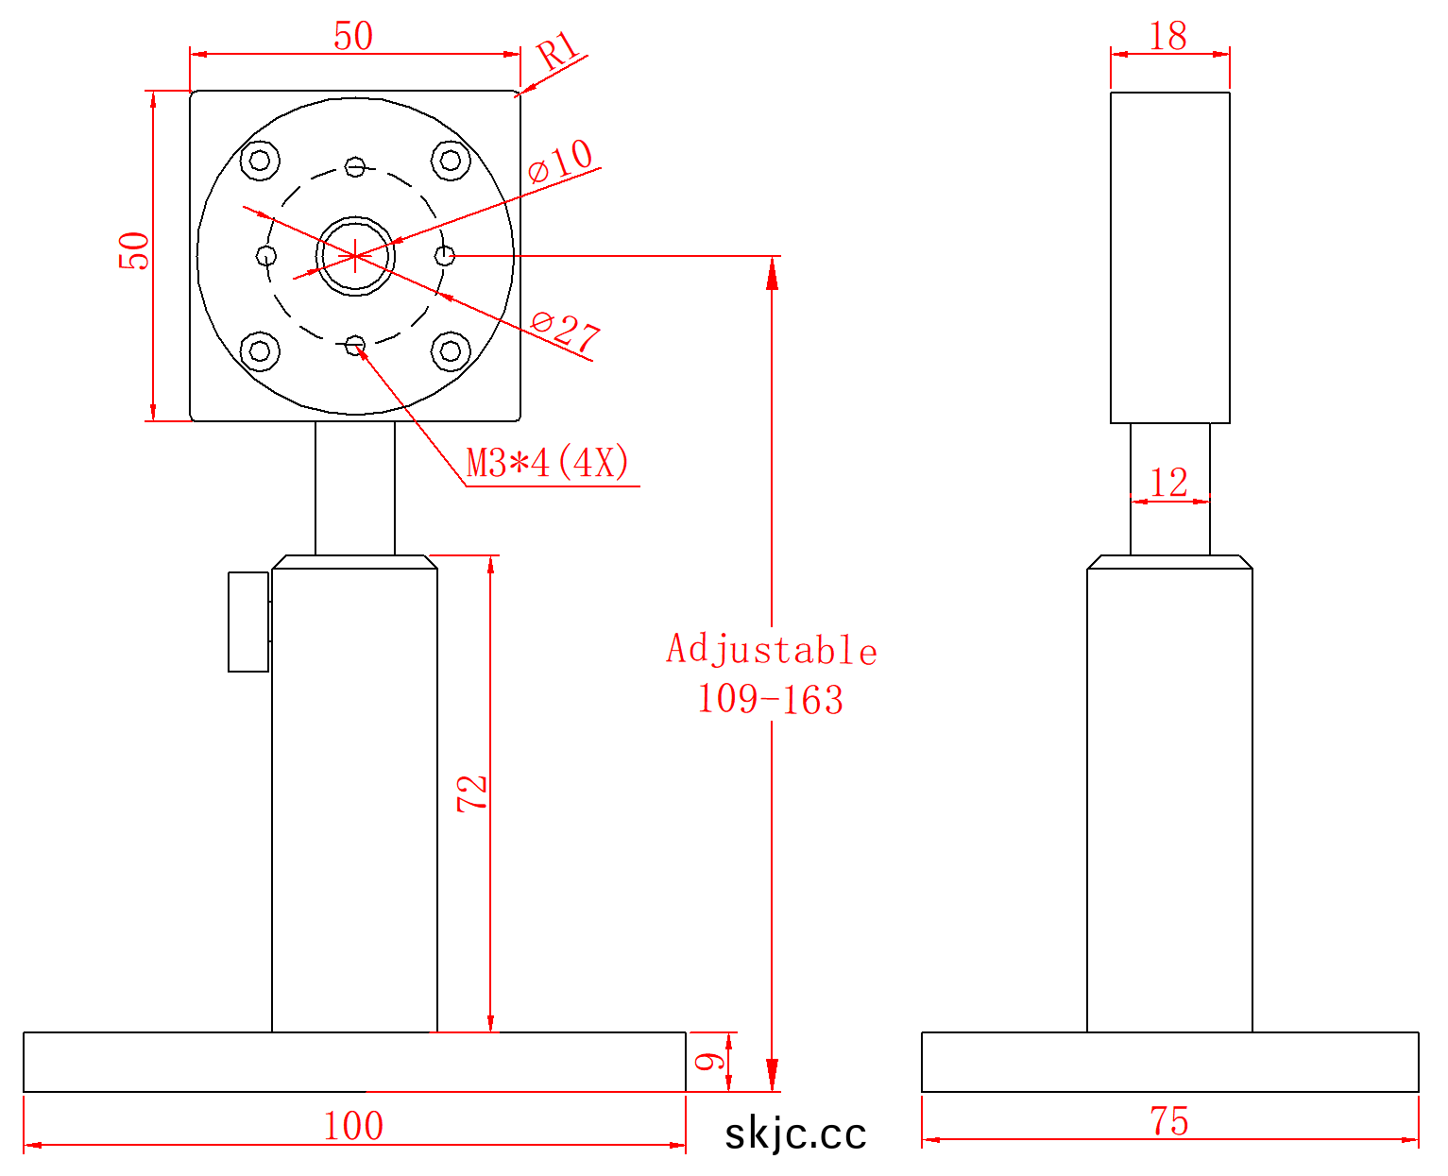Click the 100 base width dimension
click(353, 1125)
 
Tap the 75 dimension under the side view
click(1169, 1121)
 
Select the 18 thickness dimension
click(1168, 37)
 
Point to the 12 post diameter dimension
click(1169, 483)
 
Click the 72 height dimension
click(472, 793)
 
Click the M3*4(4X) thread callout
click(548, 464)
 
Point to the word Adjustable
click(772, 650)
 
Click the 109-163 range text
click(770, 700)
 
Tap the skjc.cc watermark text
click(795, 1134)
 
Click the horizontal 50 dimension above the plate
click(353, 37)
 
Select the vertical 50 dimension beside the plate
click(134, 251)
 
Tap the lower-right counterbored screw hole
click(451, 351)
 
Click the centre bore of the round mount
click(355, 255)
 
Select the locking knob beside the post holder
click(248, 622)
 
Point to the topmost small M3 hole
click(354, 167)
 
